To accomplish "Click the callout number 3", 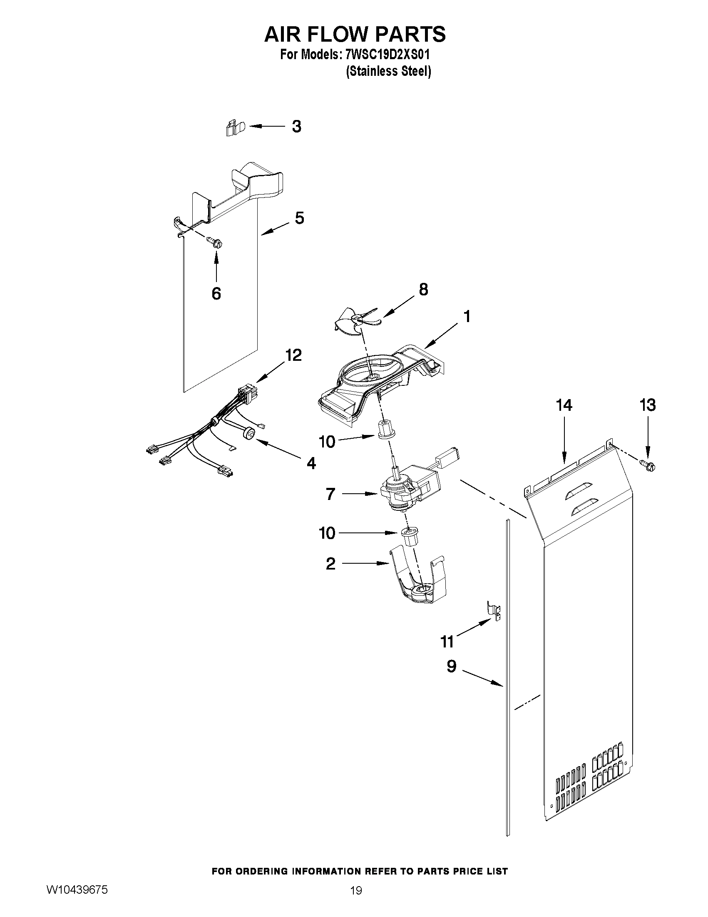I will coord(296,126).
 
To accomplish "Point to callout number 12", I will coord(293,355).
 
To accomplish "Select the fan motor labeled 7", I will coord(407,489).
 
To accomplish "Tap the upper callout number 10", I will coord(327,442).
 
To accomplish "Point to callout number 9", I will coord(451,666).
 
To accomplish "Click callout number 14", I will coord(564,405).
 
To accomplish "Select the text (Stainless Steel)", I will coord(388,71).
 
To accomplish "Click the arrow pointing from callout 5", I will coord(275,229).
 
